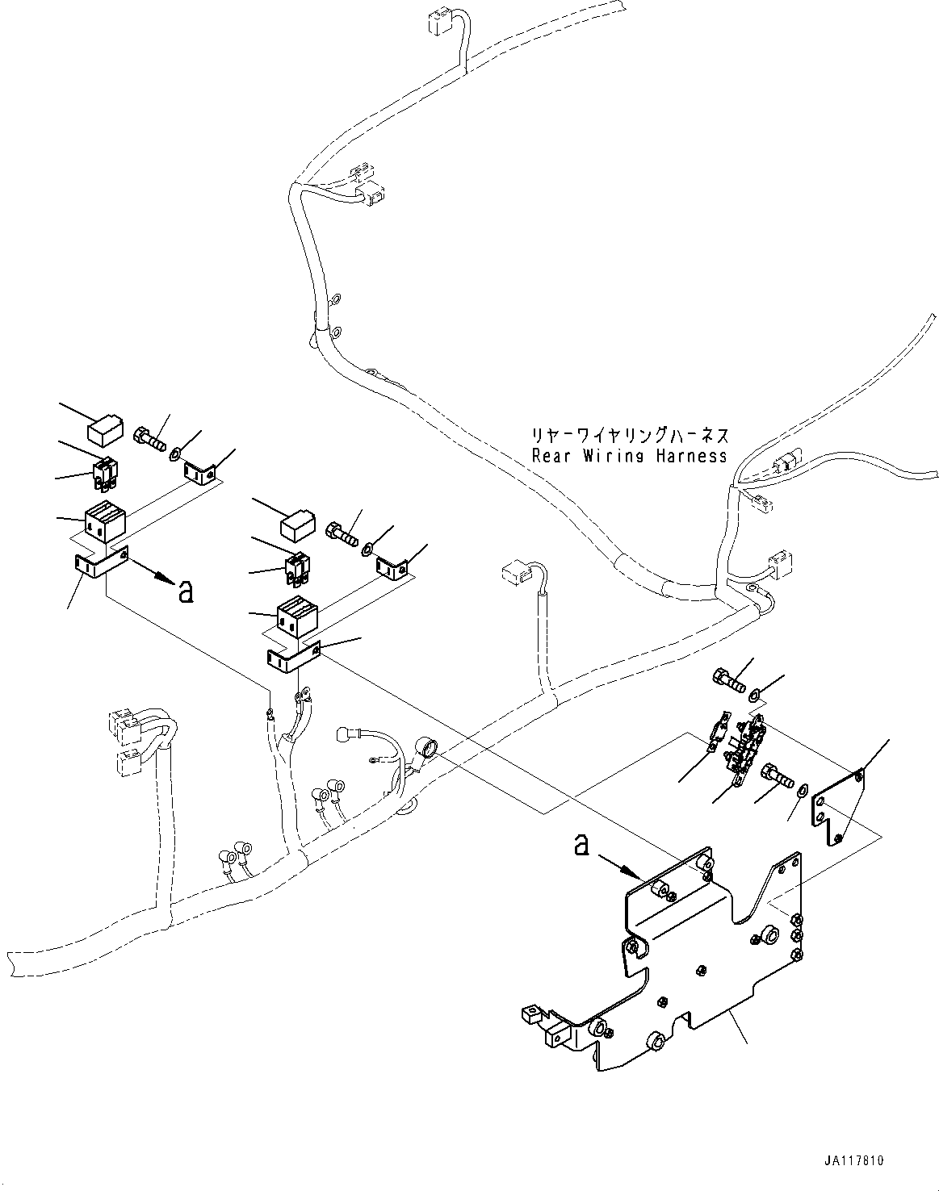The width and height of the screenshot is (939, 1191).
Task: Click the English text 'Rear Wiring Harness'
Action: point(629,456)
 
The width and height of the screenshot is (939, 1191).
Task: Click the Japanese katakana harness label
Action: point(629,437)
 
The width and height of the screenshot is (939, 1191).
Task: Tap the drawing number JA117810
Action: point(854,1160)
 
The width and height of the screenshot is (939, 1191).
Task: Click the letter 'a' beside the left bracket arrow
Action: point(185,591)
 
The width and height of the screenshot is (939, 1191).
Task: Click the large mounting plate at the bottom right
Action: point(711,960)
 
